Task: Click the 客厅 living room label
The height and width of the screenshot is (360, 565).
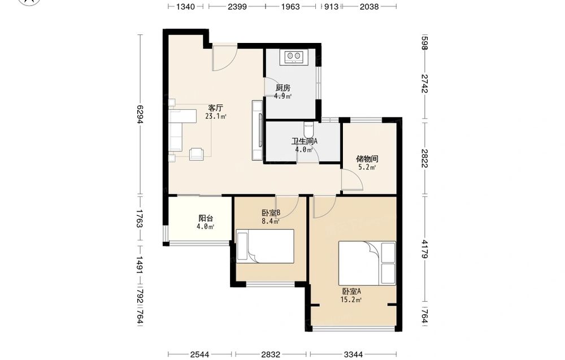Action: pos(215,108)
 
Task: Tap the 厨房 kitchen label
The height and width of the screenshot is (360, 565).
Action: pos(283,88)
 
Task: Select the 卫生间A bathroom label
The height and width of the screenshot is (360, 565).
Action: pos(305,141)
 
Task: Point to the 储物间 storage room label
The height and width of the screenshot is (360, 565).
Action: pos(367,159)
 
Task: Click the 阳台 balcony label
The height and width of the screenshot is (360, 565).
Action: pos(206,218)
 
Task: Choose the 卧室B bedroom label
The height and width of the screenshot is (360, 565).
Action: pos(271,213)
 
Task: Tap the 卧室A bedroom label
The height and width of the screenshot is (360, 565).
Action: pos(351,291)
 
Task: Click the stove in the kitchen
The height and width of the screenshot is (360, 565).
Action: pos(293,57)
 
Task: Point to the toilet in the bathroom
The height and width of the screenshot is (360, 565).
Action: pos(309,128)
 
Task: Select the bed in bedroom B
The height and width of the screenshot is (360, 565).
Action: pos(265,246)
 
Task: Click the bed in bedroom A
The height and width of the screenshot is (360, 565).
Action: pos(367,263)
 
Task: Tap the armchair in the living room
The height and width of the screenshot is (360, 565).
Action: pos(197,154)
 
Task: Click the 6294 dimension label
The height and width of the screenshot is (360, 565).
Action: pos(140,114)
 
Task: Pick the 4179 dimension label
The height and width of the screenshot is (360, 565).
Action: pos(424,249)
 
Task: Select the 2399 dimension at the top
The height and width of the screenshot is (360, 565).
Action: pos(237,6)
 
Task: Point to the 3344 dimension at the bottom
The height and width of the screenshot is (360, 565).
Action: pos(353,354)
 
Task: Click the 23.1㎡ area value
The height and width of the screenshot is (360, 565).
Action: pos(215,116)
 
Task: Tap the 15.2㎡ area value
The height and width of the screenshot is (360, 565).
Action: pos(351,300)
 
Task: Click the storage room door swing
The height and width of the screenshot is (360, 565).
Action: pos(353,180)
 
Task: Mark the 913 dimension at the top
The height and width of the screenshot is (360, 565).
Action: pos(331,6)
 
